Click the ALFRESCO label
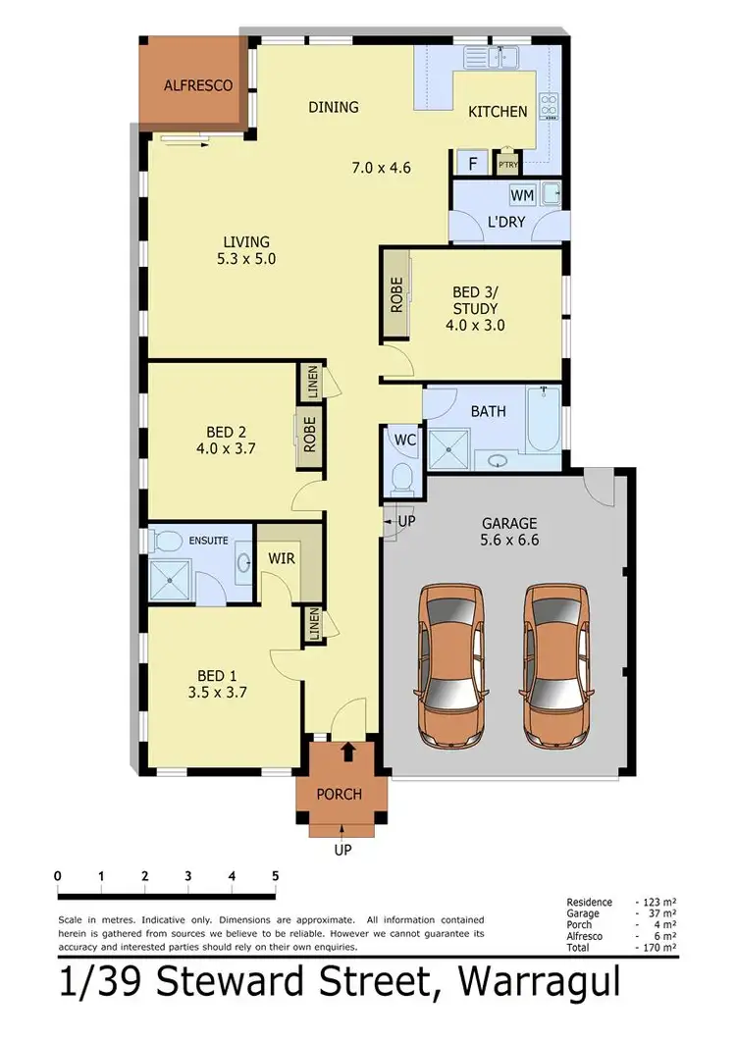(198, 85)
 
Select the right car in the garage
(554, 663)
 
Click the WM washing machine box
(522, 196)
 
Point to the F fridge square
(472, 164)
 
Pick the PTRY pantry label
(507, 165)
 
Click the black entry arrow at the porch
(346, 753)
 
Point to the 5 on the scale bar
(276, 876)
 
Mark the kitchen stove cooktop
(549, 105)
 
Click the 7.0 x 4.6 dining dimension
(381, 168)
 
